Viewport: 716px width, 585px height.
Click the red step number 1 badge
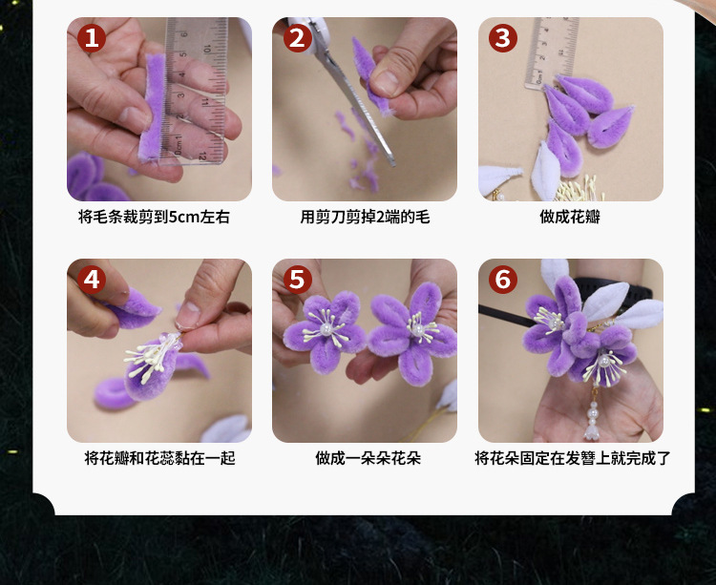click(x=92, y=38)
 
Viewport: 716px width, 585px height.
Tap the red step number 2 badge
click(x=297, y=38)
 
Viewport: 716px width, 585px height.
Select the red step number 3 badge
click(x=503, y=38)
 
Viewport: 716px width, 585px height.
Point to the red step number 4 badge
click(x=92, y=280)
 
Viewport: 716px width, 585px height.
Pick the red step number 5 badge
click(x=297, y=280)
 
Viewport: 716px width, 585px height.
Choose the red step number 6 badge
click(x=503, y=280)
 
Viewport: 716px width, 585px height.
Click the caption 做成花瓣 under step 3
click(x=570, y=217)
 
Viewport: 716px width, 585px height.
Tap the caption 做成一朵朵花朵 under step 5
click(x=369, y=458)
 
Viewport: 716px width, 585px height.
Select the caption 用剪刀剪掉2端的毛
click(x=365, y=217)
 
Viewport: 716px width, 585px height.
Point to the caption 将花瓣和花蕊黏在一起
click(x=159, y=458)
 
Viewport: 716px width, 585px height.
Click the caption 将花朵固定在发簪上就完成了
click(x=573, y=458)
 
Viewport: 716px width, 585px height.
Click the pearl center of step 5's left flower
click(x=326, y=329)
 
